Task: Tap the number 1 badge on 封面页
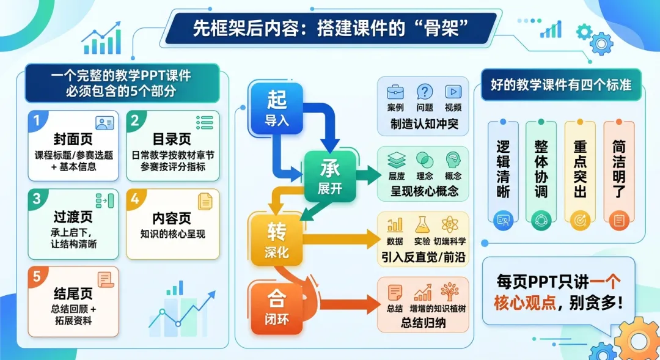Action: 37,122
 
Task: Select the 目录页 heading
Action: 172,139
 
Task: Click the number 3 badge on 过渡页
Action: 37,199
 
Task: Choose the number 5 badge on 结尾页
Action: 37,277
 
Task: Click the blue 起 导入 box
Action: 276,107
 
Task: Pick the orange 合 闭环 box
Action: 276,307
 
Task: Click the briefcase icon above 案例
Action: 395,92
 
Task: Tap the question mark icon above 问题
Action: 425,92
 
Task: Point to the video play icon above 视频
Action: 453,92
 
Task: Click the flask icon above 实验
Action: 422,224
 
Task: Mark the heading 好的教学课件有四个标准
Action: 557,84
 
